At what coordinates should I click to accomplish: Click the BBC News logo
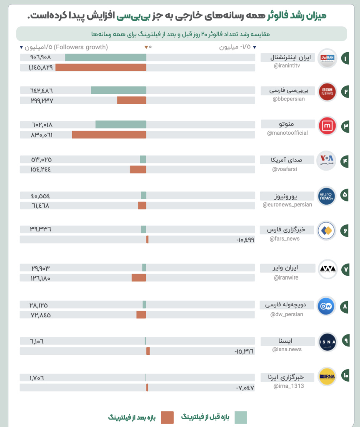tap(327, 92)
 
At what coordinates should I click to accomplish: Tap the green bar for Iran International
tap(105, 58)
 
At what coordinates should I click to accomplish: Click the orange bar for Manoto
tap(109, 135)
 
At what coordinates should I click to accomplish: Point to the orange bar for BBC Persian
tap(131, 100)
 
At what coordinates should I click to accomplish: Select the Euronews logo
tap(326, 196)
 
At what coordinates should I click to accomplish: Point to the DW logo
tap(326, 306)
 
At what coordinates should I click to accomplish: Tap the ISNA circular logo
tap(327, 342)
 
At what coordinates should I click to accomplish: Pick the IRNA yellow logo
tap(327, 376)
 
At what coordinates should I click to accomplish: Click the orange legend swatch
tap(167, 417)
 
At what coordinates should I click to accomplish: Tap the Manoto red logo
tap(327, 126)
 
